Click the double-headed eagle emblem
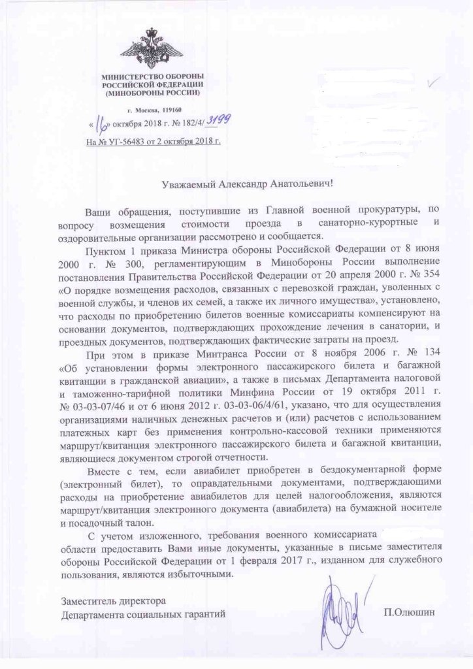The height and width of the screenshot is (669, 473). [x=153, y=48]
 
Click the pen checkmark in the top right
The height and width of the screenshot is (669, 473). [x=433, y=84]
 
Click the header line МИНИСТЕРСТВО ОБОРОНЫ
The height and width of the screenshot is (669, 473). [x=153, y=76]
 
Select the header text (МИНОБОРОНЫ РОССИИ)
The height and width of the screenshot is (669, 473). [x=153, y=93]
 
